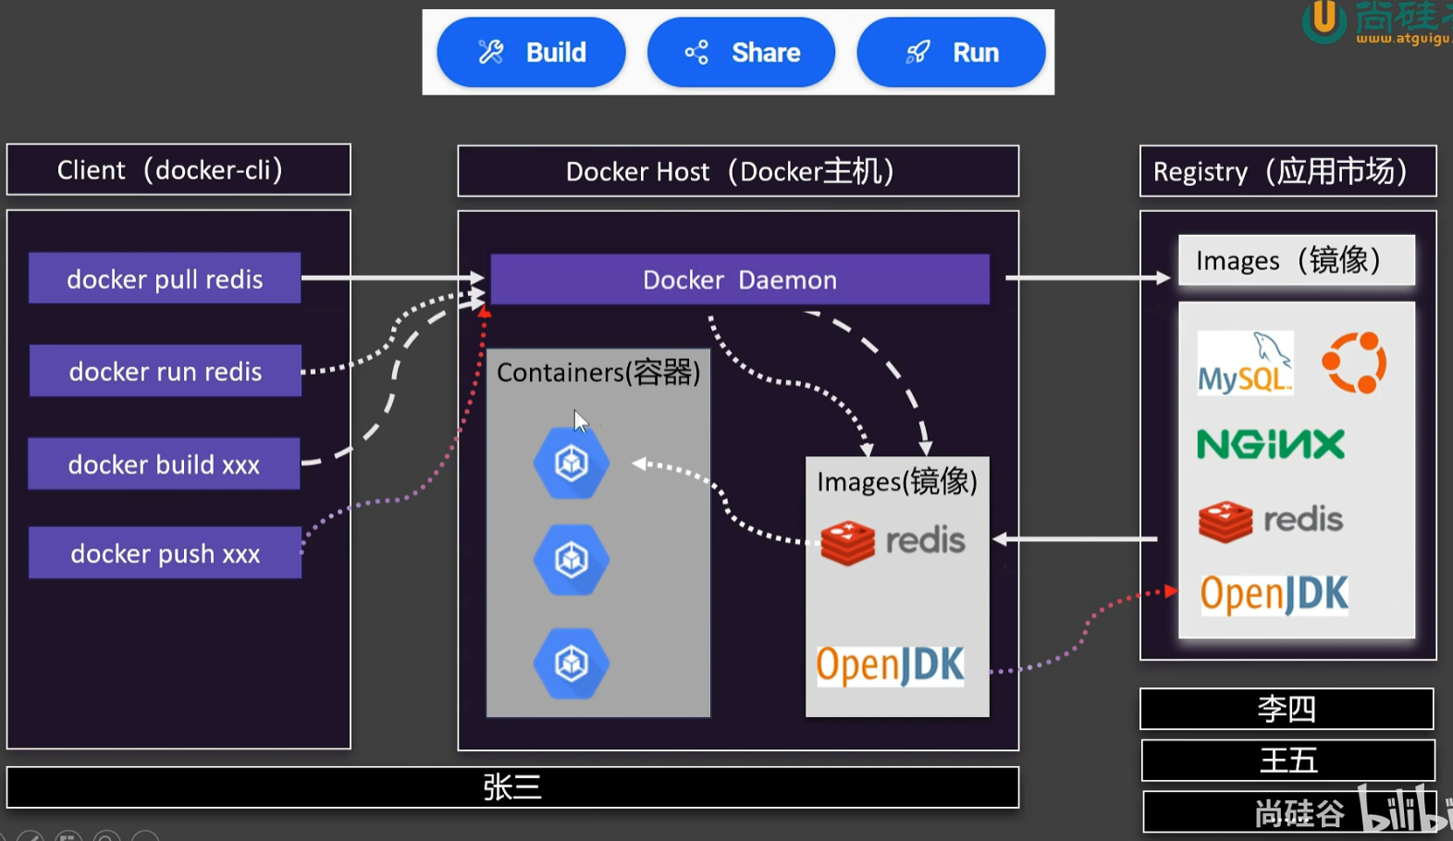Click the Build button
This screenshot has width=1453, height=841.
(x=531, y=53)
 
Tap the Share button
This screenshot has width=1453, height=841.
(x=741, y=53)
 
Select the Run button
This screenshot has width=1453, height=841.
(x=951, y=53)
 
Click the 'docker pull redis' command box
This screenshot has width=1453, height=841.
(x=165, y=278)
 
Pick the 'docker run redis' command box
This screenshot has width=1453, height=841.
(x=166, y=371)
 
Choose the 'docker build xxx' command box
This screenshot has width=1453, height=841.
(x=164, y=464)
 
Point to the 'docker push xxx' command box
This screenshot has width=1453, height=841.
(x=165, y=553)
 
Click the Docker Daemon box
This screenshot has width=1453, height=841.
(x=739, y=279)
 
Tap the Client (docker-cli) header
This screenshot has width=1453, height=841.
(x=179, y=170)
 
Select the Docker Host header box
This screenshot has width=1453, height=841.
(x=738, y=171)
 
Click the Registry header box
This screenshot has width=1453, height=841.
(x=1287, y=171)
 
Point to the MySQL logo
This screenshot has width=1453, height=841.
(x=1245, y=364)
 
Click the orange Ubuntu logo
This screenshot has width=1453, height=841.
(x=1354, y=364)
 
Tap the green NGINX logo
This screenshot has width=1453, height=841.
(x=1271, y=444)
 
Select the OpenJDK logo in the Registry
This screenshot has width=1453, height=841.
(x=1274, y=595)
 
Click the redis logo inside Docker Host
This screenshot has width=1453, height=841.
(x=893, y=541)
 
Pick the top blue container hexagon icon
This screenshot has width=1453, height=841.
(x=572, y=463)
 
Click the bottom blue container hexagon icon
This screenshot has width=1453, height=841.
(x=572, y=662)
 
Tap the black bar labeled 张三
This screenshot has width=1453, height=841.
(x=512, y=787)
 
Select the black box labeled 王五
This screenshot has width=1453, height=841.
(x=1287, y=761)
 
